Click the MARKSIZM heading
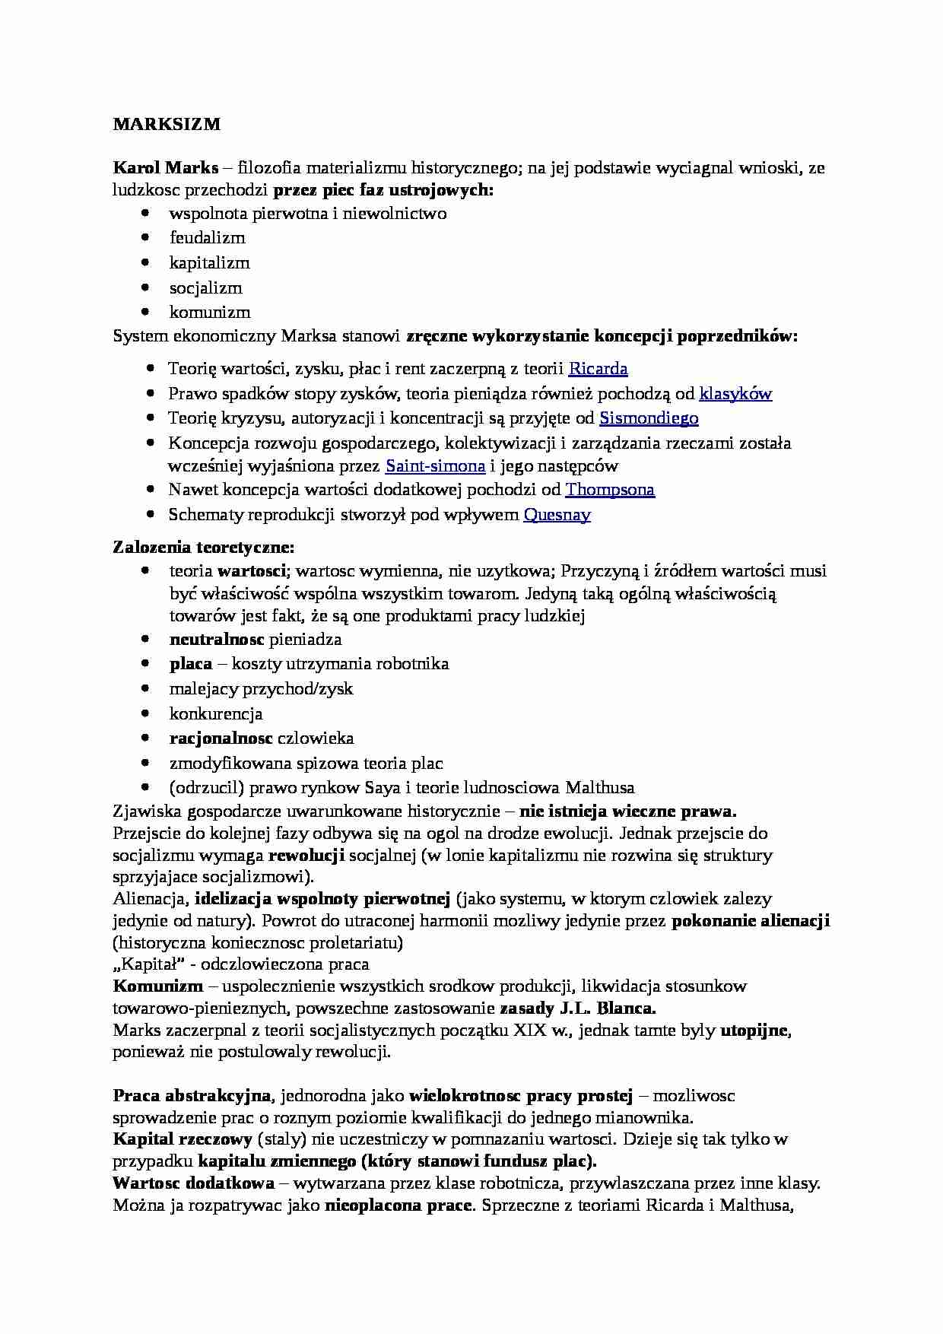click(x=167, y=125)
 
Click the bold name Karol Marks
click(x=165, y=167)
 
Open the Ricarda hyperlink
click(x=598, y=369)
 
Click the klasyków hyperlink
click(x=735, y=393)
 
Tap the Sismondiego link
click(x=649, y=418)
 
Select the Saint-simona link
click(x=435, y=465)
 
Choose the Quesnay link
click(x=557, y=515)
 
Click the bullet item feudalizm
click(x=207, y=237)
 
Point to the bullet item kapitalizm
click(x=209, y=262)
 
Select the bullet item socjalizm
click(x=205, y=287)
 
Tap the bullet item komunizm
click(x=209, y=312)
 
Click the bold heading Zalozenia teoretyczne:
click(x=203, y=547)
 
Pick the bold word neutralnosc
click(x=217, y=640)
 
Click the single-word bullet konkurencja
click(x=216, y=713)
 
